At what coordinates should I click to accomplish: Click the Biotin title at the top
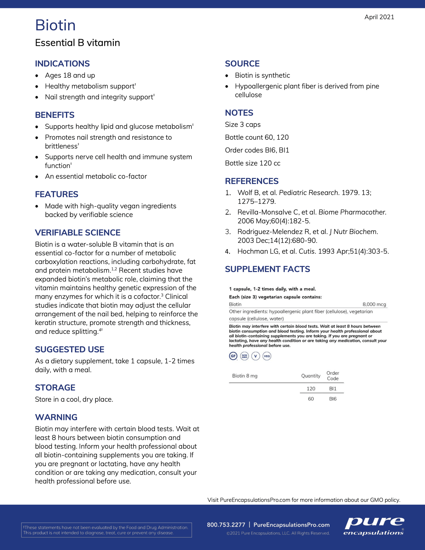coord(55,25)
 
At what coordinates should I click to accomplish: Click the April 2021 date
coord(379,17)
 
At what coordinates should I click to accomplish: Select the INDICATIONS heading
coord(62,64)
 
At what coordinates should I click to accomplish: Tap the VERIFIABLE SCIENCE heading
coord(78,233)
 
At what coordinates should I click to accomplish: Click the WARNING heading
coord(56,417)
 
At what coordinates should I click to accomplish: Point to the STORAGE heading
coord(55,388)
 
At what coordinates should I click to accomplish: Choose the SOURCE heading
coord(242,64)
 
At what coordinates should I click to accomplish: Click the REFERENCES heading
coord(252,181)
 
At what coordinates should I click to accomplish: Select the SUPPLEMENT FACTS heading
coord(267,269)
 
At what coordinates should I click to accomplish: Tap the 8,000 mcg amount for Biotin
coord(374,304)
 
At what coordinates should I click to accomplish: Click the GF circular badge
coord(233,356)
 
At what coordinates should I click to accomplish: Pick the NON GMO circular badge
coord(244,356)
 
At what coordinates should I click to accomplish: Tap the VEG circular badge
coord(267,356)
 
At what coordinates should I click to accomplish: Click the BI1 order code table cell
coord(333,389)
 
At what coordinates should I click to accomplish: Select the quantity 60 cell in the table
coord(311,399)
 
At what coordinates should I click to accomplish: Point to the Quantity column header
coord(311,376)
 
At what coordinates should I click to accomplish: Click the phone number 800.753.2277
coord(226,525)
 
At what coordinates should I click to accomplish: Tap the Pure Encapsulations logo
coord(374,526)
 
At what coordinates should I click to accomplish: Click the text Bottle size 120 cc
coord(253,163)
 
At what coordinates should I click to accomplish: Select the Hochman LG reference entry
coord(313,251)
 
